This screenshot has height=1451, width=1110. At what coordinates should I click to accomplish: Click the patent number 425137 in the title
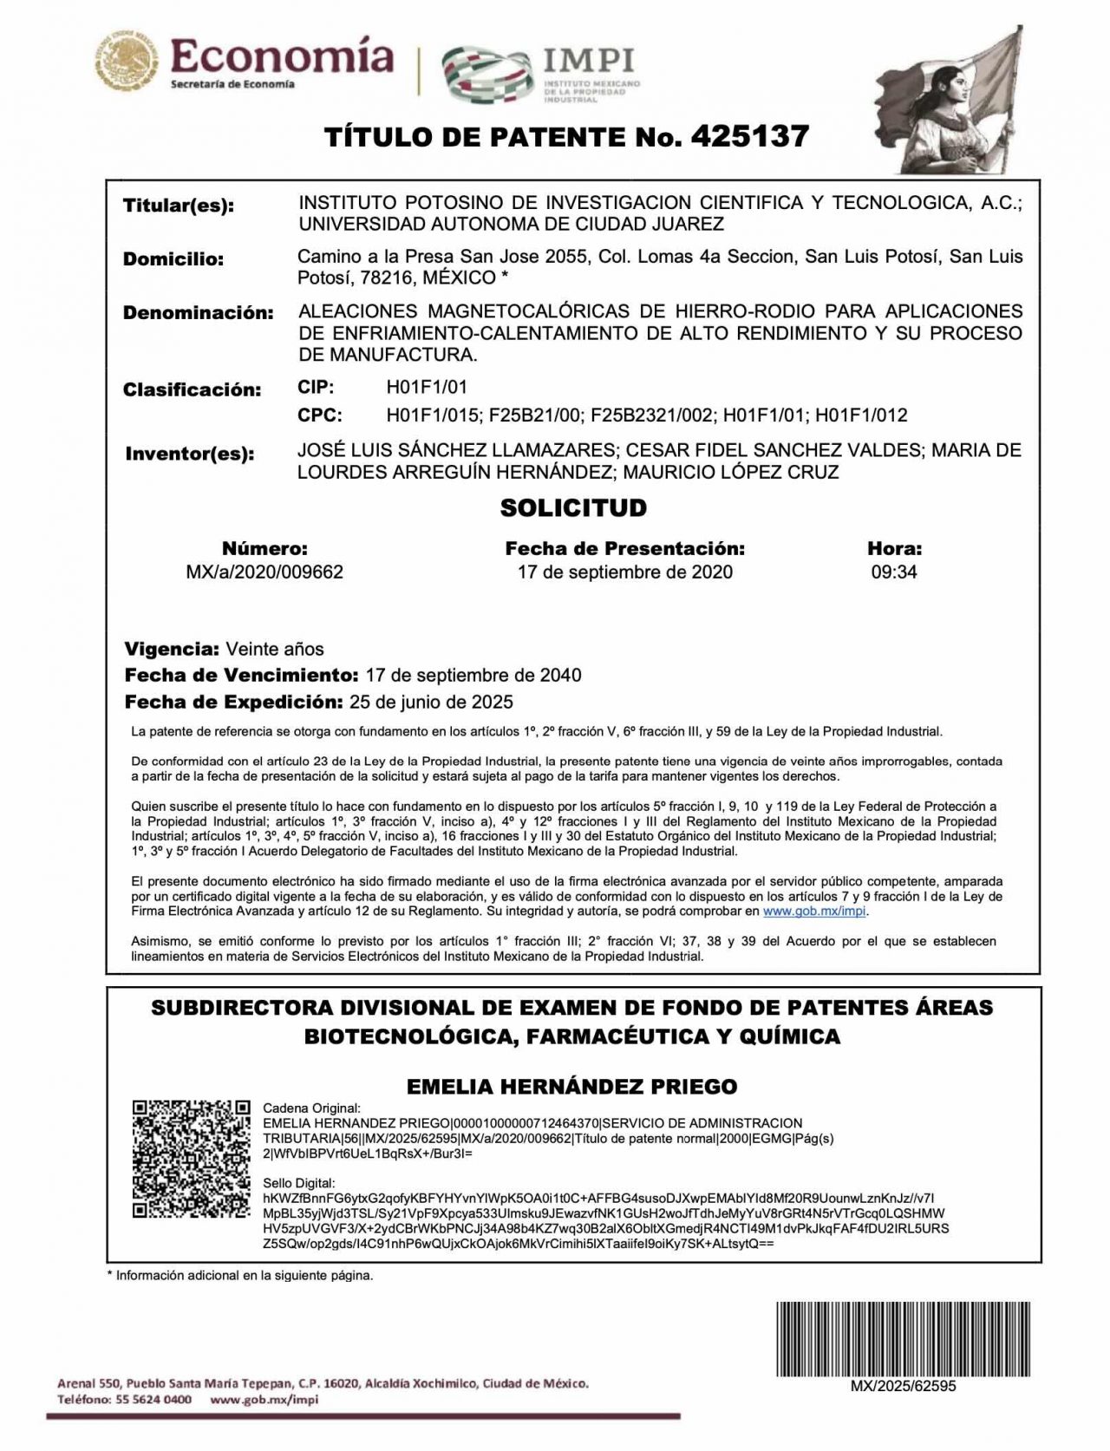coord(749,136)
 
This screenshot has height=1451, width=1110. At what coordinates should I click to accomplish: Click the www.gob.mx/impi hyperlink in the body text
coord(814,912)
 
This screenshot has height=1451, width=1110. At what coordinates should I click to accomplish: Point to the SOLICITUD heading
coord(573,507)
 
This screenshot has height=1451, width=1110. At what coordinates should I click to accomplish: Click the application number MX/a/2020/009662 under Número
coord(264,572)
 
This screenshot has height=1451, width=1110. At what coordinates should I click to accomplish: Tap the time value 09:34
coord(894,572)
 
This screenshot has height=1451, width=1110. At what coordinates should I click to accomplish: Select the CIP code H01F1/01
coord(427,387)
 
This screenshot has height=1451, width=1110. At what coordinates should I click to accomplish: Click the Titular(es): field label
coord(179,206)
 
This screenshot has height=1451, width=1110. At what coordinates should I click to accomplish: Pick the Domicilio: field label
coord(173,259)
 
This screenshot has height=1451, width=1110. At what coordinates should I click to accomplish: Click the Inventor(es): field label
coord(189,454)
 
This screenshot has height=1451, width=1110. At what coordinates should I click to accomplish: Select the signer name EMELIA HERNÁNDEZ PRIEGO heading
coord(572,1086)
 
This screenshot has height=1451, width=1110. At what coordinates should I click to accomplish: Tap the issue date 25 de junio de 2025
coord(430,702)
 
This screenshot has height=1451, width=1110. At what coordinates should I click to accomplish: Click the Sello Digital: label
coord(297,1183)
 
